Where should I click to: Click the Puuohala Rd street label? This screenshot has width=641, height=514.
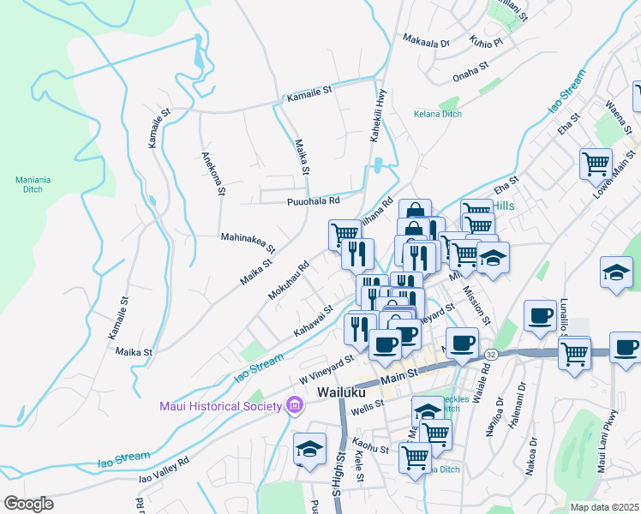click(x=313, y=200)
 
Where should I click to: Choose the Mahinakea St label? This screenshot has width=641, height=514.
click(x=248, y=242)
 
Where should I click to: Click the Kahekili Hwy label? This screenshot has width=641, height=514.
click(x=375, y=115)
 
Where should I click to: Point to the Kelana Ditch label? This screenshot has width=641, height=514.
click(x=437, y=114)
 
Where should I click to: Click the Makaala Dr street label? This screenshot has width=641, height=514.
click(x=426, y=42)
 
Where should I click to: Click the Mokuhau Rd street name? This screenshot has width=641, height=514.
click(x=288, y=280)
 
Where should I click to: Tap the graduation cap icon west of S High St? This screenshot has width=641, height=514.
click(x=309, y=448)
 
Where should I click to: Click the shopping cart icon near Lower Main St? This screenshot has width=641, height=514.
click(x=596, y=163)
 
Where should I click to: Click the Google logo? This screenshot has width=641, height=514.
click(x=27, y=504)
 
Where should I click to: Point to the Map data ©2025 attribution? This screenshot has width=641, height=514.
click(x=604, y=507)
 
